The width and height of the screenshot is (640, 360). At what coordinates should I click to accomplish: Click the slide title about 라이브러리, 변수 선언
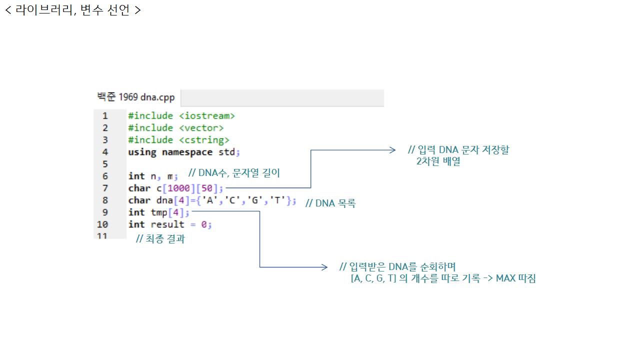click(x=73, y=10)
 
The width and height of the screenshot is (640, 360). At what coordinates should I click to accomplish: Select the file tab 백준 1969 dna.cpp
click(x=136, y=97)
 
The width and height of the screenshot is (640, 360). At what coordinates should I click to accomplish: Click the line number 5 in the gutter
click(x=105, y=164)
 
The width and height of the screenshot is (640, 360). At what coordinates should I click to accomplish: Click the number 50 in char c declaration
click(x=206, y=188)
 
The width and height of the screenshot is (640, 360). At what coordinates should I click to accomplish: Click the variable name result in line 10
click(x=167, y=224)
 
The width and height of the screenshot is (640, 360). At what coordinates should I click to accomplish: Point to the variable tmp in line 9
click(x=159, y=212)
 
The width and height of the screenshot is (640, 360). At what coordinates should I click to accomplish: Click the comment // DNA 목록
click(x=330, y=203)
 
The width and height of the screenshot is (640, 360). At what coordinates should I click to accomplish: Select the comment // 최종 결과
click(x=160, y=239)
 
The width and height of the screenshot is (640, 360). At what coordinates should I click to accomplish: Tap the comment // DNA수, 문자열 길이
click(x=234, y=173)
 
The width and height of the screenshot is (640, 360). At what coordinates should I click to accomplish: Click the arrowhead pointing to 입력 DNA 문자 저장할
click(x=393, y=150)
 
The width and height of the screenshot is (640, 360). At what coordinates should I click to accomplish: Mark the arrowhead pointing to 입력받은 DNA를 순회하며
click(x=324, y=267)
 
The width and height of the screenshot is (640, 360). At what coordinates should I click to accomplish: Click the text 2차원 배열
click(x=438, y=161)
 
